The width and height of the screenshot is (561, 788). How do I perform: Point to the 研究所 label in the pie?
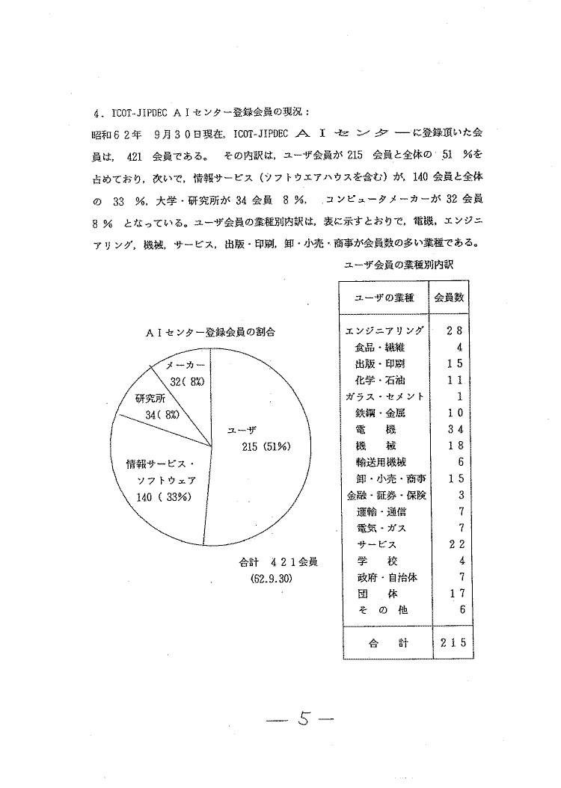150,398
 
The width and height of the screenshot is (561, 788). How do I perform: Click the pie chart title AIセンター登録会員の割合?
207,330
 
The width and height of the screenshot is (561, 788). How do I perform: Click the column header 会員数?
449,297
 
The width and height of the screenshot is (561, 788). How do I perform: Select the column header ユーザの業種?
384,298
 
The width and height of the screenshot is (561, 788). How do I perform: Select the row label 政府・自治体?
386,577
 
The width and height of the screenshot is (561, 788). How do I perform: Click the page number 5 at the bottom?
302,719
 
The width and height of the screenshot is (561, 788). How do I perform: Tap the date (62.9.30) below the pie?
270,578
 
